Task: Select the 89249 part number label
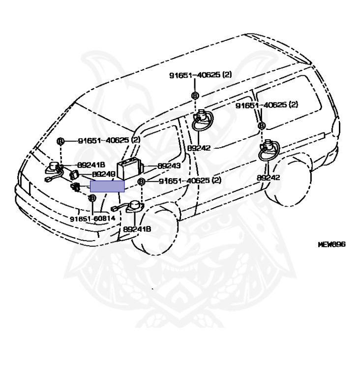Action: tap(104, 174)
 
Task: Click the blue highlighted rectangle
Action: tap(107, 186)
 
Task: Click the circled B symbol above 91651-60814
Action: tap(91, 198)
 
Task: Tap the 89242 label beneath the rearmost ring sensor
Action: tap(268, 177)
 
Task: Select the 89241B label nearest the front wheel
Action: tap(137, 229)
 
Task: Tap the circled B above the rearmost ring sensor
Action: tap(262, 126)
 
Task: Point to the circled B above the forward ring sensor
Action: tap(195, 95)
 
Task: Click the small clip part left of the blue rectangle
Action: tap(76, 187)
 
